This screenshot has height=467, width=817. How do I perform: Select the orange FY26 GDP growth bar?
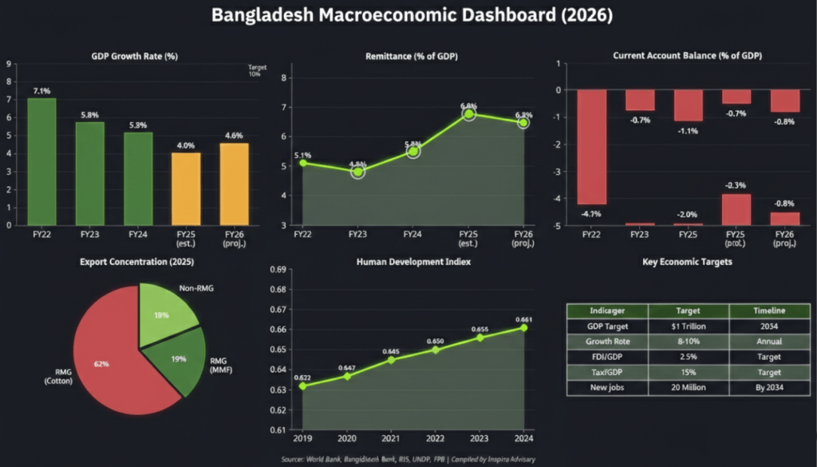(x=234, y=184)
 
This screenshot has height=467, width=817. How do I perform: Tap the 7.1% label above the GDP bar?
(x=42, y=89)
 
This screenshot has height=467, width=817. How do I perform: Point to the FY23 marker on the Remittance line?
(x=357, y=172)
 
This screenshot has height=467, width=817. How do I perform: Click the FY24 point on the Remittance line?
(x=412, y=151)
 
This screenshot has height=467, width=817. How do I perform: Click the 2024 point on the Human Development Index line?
(x=523, y=327)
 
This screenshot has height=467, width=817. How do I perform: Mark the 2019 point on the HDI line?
(x=302, y=386)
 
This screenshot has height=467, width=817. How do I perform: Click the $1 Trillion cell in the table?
(x=688, y=326)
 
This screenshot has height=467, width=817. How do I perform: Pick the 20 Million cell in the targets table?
(x=688, y=388)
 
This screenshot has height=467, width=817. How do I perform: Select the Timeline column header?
(x=768, y=311)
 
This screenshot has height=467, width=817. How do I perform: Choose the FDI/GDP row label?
(x=606, y=357)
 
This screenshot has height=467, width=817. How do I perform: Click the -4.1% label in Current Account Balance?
(x=591, y=214)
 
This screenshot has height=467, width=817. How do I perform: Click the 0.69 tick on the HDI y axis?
(x=279, y=270)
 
